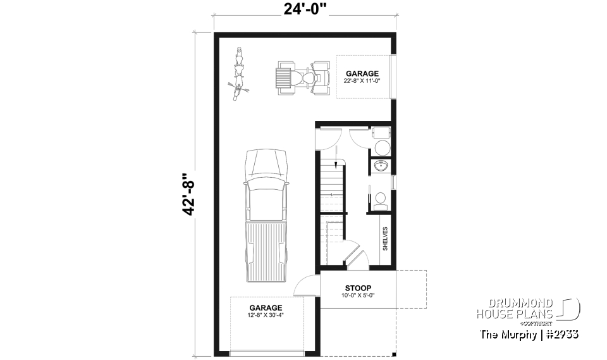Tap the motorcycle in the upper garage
(240, 74)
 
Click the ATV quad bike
(304, 78)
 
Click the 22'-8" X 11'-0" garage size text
(362, 82)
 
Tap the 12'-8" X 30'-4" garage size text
(265, 315)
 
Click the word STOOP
(358, 288)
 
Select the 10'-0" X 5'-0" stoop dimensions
(358, 295)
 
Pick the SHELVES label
(384, 239)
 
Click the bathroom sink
(381, 166)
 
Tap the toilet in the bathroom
(381, 200)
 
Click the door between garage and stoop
(306, 286)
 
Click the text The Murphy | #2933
(529, 334)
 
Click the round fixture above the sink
(383, 148)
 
